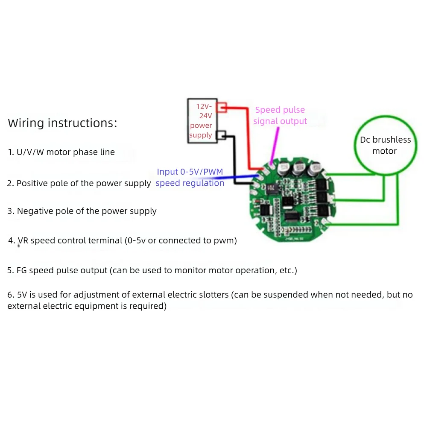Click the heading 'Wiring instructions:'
62,123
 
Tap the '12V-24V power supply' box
201,120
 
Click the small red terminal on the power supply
222,106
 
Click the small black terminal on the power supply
222,135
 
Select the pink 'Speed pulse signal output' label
280,115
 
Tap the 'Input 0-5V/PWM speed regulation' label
190,177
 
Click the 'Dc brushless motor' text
385,145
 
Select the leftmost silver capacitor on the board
284,169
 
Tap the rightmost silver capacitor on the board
315,169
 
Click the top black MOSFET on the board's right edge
321,184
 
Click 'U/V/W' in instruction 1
30,152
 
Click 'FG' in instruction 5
22,270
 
